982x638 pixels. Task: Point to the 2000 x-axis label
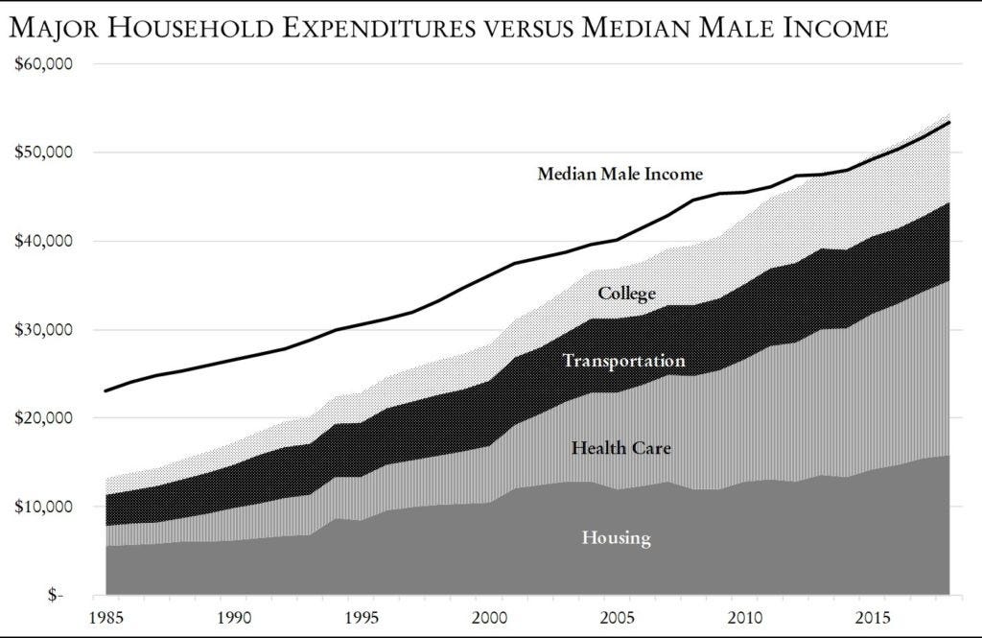(x=489, y=614)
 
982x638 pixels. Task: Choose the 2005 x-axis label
(x=618, y=614)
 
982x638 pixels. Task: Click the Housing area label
(x=616, y=537)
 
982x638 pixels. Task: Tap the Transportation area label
(x=623, y=361)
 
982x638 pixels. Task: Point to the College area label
(x=626, y=294)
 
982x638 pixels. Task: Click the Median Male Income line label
(x=620, y=174)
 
